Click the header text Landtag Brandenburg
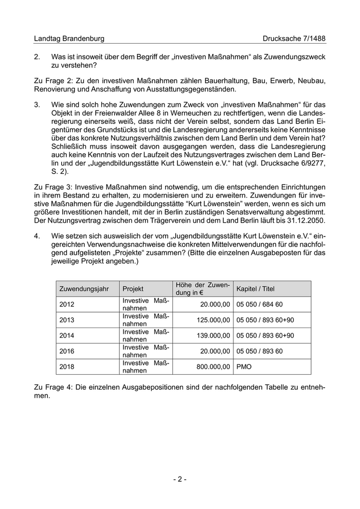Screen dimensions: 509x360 pyautogui.click(x=69, y=39)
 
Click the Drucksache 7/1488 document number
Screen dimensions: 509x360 pyautogui.click(x=294, y=39)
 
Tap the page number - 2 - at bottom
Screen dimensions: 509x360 pyautogui.click(x=179, y=479)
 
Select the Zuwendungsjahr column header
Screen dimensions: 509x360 pyautogui.click(x=84, y=289)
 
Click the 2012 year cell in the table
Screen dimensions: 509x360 pyautogui.click(x=67, y=304)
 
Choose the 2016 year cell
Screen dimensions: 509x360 pyautogui.click(x=67, y=352)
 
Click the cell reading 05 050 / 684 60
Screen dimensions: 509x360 pyautogui.click(x=260, y=304)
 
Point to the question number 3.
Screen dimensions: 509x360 pyautogui.click(x=37, y=105)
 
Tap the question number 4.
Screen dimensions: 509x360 pyautogui.click(x=37, y=236)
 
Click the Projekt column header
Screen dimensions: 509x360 pyautogui.click(x=133, y=289)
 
